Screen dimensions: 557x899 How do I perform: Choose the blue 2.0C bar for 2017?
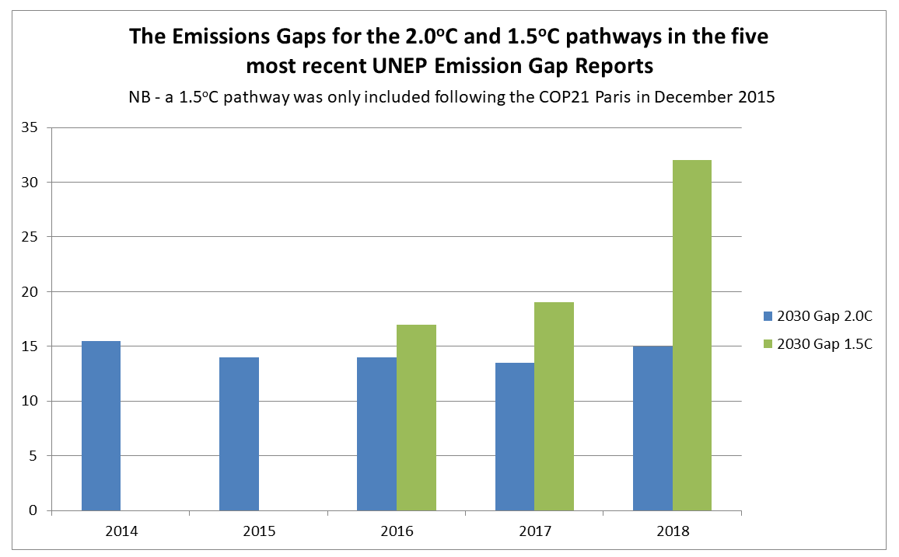pos(515,437)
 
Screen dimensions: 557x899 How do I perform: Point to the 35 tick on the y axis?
pos(30,128)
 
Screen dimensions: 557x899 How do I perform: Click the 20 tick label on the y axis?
pos(30,292)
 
